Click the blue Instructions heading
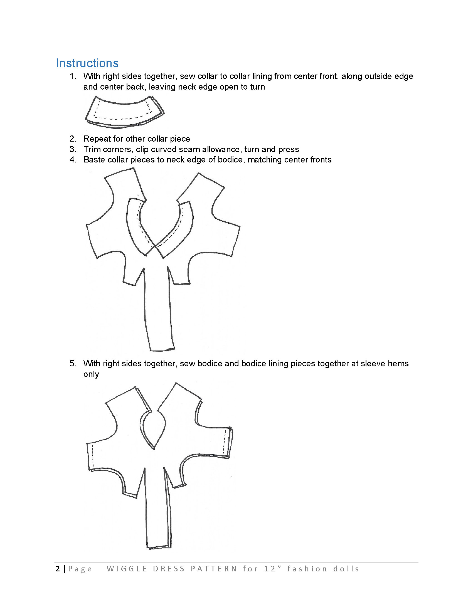click(87, 63)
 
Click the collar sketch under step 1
click(125, 112)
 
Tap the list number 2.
click(73, 139)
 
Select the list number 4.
click(73, 160)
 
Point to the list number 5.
click(73, 364)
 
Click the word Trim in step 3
click(92, 149)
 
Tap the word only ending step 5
click(91, 374)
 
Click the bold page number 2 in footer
click(58, 569)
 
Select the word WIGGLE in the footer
click(127, 569)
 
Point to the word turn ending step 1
click(257, 87)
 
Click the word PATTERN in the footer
click(214, 569)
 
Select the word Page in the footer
click(80, 569)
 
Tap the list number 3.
click(73, 149)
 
